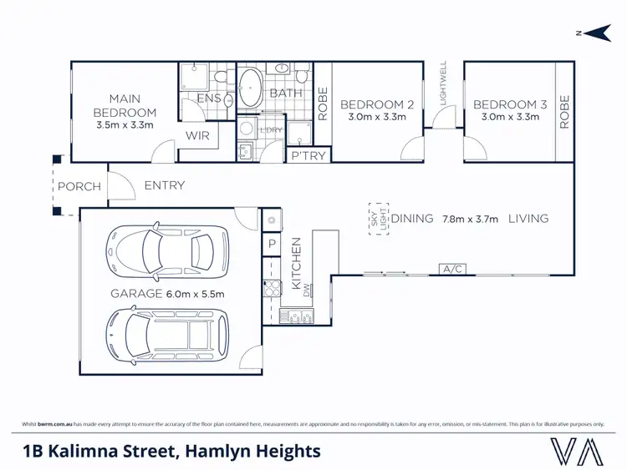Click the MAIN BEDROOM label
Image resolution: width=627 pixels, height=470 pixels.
point(125,106)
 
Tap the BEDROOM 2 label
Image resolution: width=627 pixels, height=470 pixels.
point(377,104)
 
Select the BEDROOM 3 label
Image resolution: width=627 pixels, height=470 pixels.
point(510,104)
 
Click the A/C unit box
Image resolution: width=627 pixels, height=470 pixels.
point(453,269)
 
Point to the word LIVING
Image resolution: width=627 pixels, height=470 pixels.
point(528,219)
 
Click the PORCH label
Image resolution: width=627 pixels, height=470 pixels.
point(79,186)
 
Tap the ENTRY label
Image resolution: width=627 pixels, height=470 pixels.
point(164,185)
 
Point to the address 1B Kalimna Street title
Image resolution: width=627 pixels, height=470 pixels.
point(171,452)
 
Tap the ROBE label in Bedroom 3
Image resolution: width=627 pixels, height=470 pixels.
point(565,112)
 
